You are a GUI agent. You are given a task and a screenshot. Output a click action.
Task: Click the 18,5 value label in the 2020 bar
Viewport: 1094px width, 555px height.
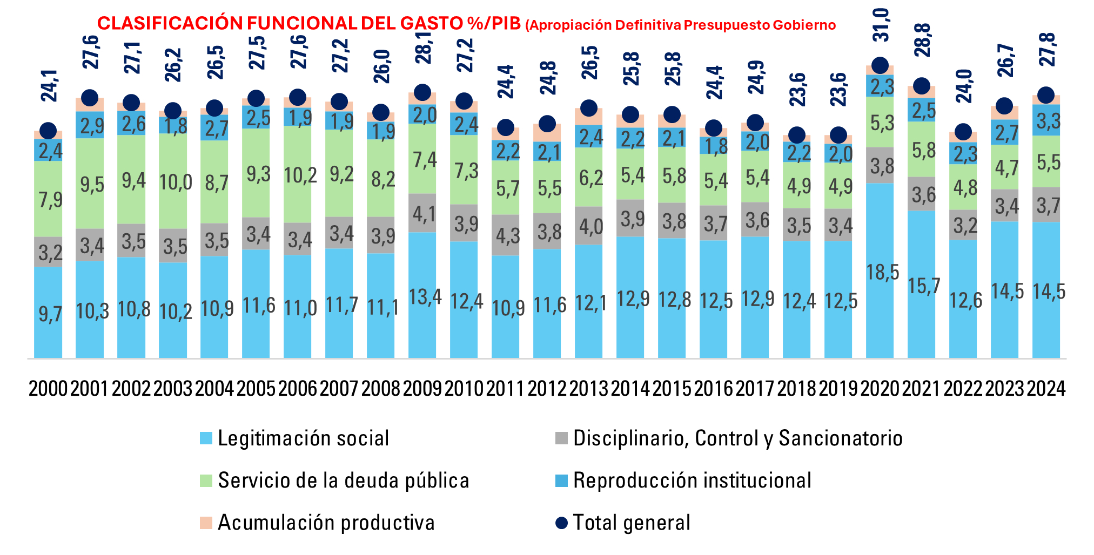pyautogui.click(x=882, y=273)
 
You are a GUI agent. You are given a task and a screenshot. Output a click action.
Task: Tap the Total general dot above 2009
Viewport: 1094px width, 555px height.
pyautogui.click(x=422, y=92)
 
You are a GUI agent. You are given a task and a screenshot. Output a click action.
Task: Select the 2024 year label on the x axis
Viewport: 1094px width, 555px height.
pyautogui.click(x=1046, y=389)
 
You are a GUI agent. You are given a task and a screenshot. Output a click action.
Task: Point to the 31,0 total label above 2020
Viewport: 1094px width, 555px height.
pyautogui.click(x=881, y=25)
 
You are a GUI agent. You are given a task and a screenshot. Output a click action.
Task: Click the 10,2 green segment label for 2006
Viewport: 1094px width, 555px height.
pyautogui.click(x=300, y=175)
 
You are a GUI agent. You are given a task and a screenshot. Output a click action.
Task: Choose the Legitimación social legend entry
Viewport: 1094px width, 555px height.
pyautogui.click(x=303, y=438)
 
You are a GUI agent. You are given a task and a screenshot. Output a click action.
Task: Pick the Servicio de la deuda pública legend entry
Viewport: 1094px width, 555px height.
pyautogui.click(x=343, y=480)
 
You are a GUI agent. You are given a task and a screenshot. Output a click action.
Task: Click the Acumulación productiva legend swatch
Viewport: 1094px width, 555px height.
pyautogui.click(x=206, y=523)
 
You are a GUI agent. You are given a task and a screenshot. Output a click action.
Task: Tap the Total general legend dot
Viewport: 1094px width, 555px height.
pyautogui.click(x=562, y=523)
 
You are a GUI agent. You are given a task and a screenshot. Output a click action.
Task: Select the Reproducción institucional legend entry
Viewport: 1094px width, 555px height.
pyautogui.click(x=692, y=480)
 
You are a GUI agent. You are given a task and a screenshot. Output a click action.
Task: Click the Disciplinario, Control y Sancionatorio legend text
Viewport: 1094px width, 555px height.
pyautogui.click(x=737, y=438)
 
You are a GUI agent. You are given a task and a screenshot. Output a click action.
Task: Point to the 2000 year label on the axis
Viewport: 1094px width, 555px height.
pyautogui.click(x=48, y=389)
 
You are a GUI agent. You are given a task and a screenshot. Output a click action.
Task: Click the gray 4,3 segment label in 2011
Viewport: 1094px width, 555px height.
pyautogui.click(x=508, y=236)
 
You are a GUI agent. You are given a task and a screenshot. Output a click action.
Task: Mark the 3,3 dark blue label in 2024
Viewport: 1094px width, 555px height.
pyautogui.click(x=1049, y=121)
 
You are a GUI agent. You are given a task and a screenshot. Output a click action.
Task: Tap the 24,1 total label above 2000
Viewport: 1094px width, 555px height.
pyautogui.click(x=50, y=85)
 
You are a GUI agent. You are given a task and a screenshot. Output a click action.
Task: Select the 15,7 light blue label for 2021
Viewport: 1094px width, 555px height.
pyautogui.click(x=924, y=286)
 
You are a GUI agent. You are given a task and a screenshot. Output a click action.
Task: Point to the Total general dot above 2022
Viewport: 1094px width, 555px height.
pyautogui.click(x=963, y=132)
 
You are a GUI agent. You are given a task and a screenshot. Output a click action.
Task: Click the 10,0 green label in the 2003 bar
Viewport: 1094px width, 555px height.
pyautogui.click(x=176, y=182)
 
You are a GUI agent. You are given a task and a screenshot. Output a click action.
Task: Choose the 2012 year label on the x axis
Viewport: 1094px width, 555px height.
pyautogui.click(x=547, y=389)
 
